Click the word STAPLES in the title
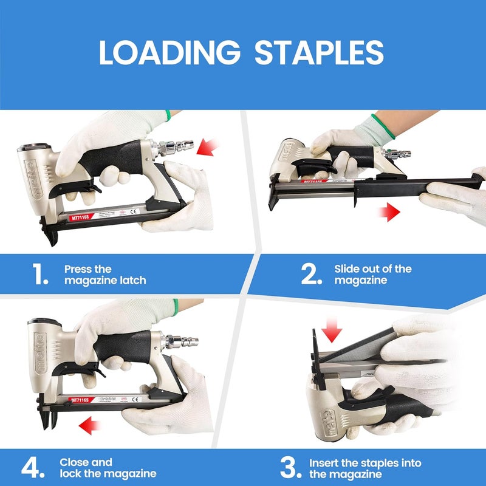[319, 53]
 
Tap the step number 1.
[41, 275]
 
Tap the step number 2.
[310, 275]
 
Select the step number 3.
[290, 468]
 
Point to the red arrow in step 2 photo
[389, 212]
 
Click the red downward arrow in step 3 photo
[332, 331]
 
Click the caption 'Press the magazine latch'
[104, 275]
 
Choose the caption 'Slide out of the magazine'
[372, 275]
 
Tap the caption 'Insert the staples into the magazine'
[364, 468]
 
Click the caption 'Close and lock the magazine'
[108, 468]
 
